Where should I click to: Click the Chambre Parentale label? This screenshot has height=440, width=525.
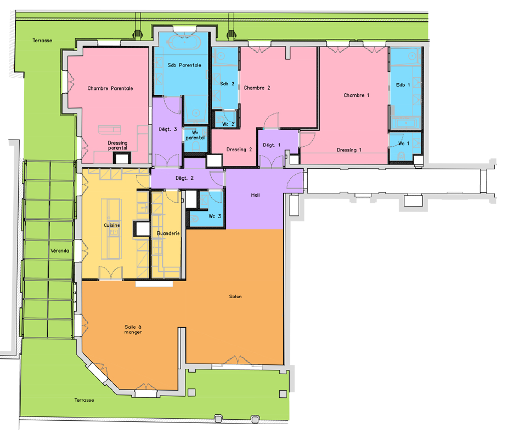point(110,88)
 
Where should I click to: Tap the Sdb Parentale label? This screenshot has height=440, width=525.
point(184,65)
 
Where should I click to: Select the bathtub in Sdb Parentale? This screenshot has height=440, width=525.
point(184,42)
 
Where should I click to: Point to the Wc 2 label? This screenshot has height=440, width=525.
point(228,124)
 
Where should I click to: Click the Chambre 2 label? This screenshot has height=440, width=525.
point(257,88)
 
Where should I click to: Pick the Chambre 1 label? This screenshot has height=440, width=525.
point(356,95)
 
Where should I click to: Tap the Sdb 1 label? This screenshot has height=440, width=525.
point(403,85)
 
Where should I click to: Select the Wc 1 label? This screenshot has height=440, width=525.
point(403,144)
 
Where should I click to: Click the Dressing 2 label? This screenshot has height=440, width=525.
point(239,150)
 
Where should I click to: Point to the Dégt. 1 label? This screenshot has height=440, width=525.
point(272,145)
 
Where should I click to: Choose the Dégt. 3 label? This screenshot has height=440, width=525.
point(168,129)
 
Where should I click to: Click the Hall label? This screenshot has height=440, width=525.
point(255,195)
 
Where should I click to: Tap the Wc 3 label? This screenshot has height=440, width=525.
point(214,216)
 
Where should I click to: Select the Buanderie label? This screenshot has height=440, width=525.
point(168,233)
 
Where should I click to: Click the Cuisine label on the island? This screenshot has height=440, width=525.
point(111,225)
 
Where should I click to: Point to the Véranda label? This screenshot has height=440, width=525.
point(60,251)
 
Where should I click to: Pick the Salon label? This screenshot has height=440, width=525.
point(235,296)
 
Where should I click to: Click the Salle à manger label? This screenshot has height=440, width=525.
point(133,329)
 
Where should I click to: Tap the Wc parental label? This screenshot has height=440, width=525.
point(195,135)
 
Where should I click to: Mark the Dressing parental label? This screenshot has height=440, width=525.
point(117,145)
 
